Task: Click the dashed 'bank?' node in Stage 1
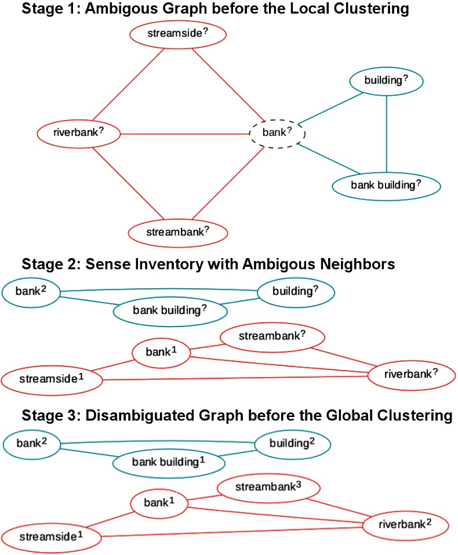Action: click(x=277, y=133)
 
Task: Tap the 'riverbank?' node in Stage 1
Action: click(x=78, y=132)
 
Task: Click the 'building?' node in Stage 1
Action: click(x=386, y=81)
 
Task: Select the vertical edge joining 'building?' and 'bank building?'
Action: click(x=387, y=132)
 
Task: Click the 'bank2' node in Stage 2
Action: click(x=31, y=289)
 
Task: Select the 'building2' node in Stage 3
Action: click(x=293, y=444)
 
